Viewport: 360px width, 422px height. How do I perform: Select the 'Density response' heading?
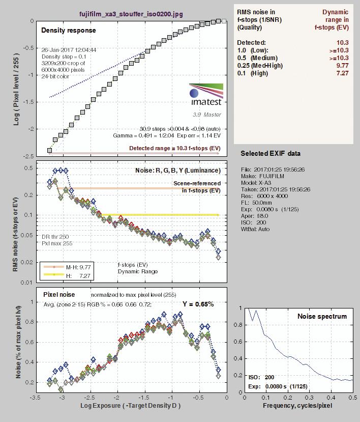tap(68, 31)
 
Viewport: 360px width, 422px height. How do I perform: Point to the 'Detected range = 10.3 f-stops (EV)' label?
tap(174, 148)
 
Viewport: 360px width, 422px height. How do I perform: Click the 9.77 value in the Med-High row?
tap(341, 65)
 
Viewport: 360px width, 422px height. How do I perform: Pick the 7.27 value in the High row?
tap(341, 73)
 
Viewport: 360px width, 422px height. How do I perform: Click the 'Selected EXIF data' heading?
tap(271, 153)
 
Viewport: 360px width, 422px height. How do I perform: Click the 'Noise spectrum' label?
tap(322, 316)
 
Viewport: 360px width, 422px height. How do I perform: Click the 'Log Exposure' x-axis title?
tap(131, 406)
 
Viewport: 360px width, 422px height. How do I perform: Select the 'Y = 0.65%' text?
tap(198, 304)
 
